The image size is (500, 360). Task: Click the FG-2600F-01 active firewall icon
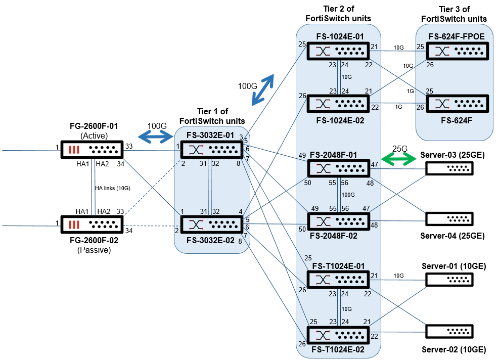[92, 150]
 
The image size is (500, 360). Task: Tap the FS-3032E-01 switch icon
[212, 149]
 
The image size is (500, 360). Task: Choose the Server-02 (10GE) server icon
[449, 331]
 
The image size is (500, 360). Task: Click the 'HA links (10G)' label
[113, 188]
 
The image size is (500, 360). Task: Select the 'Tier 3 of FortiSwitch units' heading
[453, 14]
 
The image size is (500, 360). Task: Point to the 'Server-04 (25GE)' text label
[452, 236]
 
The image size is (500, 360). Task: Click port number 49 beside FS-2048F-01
[302, 155]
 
